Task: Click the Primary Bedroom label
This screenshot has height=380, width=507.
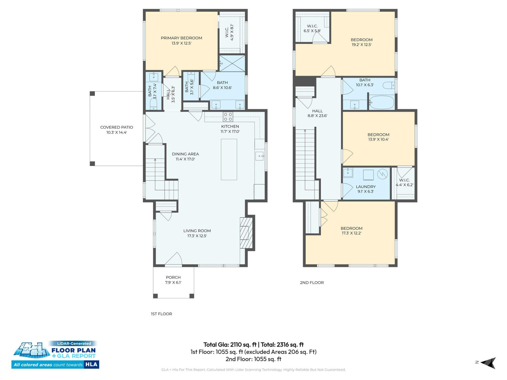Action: pos(181,38)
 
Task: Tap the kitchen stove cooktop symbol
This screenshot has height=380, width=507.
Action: pos(228,117)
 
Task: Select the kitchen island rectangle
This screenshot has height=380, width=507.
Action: pos(229,159)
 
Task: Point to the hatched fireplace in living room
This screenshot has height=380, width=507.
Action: pos(246,233)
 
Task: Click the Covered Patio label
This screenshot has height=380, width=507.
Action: pos(116,127)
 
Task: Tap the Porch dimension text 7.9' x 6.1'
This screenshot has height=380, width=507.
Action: pos(173,282)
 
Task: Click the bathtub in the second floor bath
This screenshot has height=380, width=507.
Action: pos(381,102)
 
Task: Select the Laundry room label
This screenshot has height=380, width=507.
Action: pos(365,187)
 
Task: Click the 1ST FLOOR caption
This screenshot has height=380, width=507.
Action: pos(161,314)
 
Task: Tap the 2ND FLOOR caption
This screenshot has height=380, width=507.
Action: pos(312,282)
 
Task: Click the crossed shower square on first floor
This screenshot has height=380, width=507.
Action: pos(232,63)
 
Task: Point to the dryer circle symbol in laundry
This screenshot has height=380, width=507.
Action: pos(382,174)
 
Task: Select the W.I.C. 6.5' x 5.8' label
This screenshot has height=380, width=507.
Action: pos(312,28)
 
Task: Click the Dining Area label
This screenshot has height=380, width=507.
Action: pos(185,154)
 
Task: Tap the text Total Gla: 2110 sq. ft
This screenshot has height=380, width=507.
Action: pos(230,345)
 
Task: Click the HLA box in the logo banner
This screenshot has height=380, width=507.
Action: pos(91,364)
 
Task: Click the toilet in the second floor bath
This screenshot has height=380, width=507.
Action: pos(389,85)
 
